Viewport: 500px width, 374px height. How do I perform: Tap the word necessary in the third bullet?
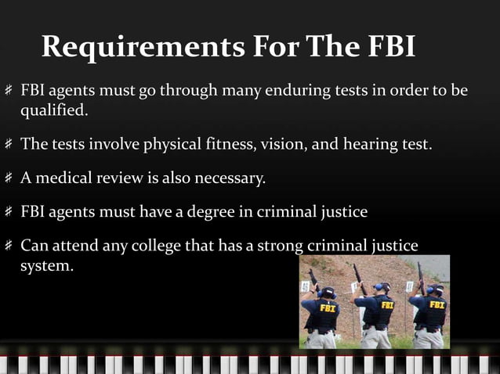[x=232, y=179]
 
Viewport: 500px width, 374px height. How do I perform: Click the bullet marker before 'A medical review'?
[x=9, y=179]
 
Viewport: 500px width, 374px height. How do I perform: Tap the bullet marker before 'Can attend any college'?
[x=9, y=246]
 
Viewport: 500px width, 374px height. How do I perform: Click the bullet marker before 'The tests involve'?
[x=9, y=145]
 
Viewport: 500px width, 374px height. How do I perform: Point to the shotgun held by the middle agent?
[x=360, y=279]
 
